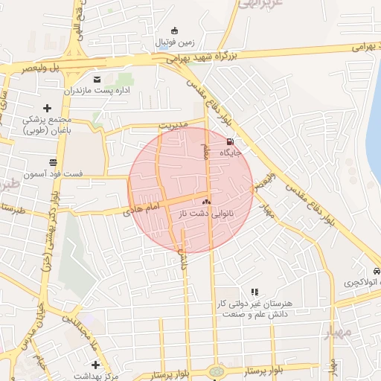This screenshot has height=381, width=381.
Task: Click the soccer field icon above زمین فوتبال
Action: [175, 31]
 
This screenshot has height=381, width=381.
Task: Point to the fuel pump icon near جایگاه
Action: [229, 141]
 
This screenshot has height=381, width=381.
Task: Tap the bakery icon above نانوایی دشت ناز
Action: [207, 202]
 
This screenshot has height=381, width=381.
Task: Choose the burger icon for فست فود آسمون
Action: [53, 161]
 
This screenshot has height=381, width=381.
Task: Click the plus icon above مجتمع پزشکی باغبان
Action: [47, 109]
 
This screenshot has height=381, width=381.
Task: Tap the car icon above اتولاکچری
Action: [377, 272]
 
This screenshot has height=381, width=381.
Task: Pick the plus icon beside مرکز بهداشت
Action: [95, 365]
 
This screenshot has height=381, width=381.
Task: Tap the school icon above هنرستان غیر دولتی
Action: [254, 292]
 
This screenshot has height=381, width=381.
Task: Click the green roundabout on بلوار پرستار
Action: [216, 371]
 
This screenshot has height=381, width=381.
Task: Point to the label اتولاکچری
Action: [360, 283]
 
